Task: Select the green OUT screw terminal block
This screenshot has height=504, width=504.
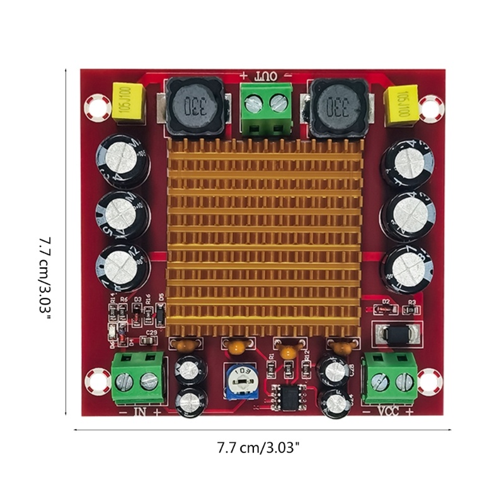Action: (266, 108)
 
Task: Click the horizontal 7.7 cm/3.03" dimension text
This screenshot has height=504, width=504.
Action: (258, 448)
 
